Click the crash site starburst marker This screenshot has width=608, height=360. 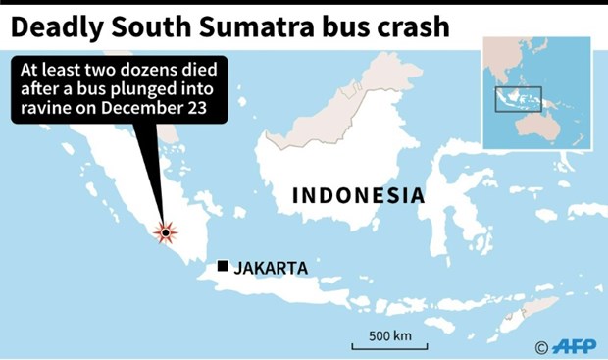point(167,231)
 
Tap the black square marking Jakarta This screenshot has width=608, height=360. point(224,266)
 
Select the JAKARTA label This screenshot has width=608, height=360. point(272,267)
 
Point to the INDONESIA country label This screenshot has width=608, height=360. point(359,195)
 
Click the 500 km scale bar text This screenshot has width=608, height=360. point(389,336)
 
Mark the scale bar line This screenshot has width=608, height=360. point(389,347)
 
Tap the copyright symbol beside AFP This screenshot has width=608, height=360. point(541,347)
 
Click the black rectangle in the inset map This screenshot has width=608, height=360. point(516,98)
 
